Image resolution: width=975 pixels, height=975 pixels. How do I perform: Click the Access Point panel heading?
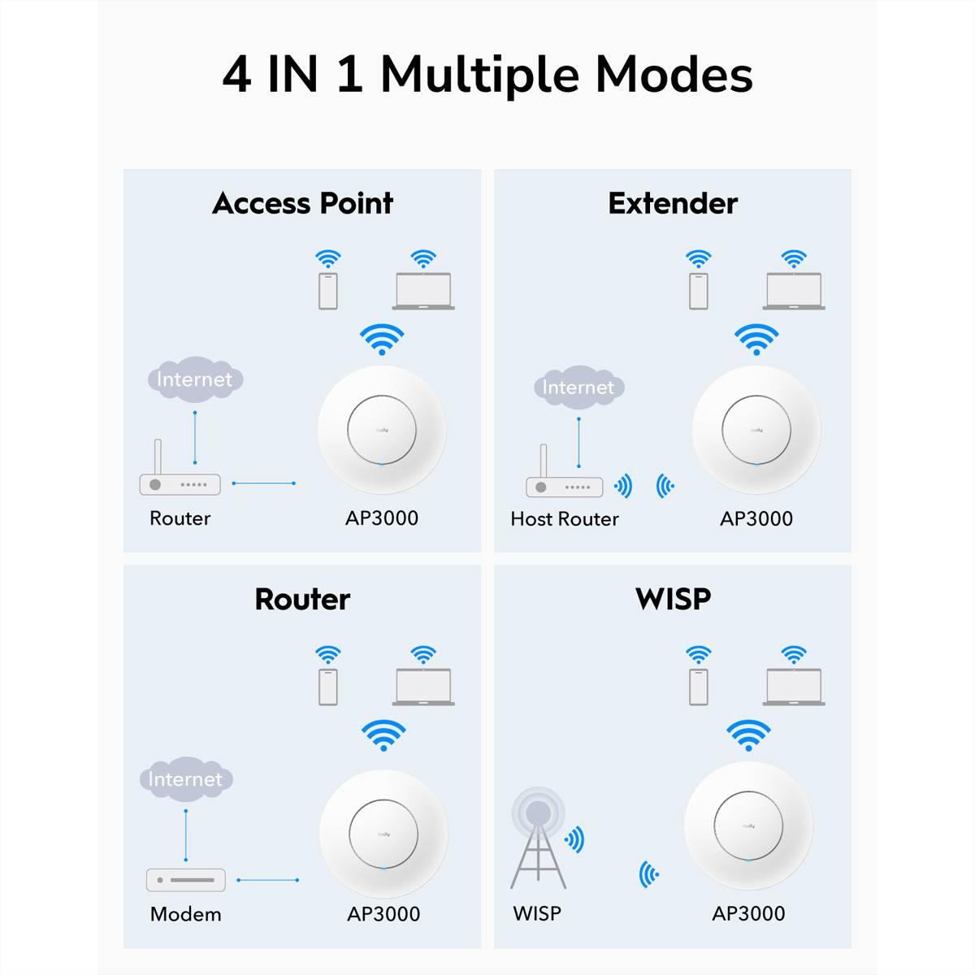302,203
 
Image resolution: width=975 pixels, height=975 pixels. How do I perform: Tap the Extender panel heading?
673,203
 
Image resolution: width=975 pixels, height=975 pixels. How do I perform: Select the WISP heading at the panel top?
673,599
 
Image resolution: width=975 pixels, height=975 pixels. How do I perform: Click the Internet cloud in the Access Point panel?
195,379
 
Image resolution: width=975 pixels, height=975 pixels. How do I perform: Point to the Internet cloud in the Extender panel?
578,388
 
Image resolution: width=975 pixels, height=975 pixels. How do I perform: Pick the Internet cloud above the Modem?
185,779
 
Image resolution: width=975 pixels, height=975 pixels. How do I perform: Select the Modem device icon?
185,880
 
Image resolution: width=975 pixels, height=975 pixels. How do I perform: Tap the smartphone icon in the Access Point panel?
328,291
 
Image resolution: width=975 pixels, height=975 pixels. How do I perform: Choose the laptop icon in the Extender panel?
794,291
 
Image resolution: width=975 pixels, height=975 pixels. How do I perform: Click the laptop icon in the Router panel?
423,687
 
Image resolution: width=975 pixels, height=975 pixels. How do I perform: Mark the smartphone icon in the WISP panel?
698,687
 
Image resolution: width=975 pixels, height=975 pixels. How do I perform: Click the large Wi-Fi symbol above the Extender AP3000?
756,339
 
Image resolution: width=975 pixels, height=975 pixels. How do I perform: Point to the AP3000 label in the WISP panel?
748,913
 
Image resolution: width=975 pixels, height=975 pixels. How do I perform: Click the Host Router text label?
565,518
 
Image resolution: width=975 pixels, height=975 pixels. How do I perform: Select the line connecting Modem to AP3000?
267,880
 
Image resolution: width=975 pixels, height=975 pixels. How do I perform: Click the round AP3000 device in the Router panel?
383,834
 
